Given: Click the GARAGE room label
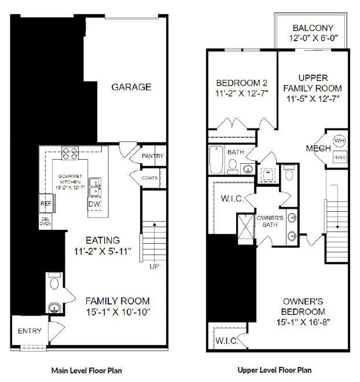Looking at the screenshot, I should (131, 87).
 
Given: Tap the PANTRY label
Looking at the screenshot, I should (152, 156).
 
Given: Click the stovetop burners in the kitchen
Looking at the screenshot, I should (70, 153).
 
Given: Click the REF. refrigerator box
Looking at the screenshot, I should (46, 204).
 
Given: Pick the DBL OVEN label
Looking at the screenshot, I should (45, 221).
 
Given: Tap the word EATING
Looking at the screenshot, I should (103, 240).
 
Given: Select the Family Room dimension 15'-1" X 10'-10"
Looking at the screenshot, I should (117, 313).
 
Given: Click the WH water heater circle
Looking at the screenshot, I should (339, 141).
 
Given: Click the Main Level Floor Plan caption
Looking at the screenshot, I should (86, 370).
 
